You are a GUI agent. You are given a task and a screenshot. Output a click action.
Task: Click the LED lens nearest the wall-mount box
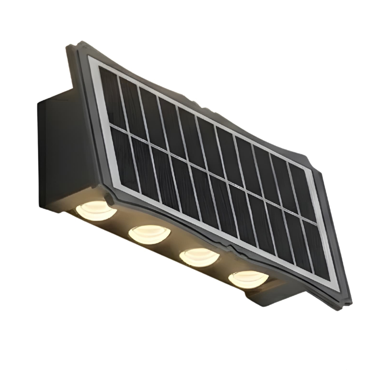tap(95, 210)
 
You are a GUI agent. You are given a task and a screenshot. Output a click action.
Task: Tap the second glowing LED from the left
tap(149, 234)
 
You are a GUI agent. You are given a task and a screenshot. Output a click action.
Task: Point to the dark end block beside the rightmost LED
tap(274, 295)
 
